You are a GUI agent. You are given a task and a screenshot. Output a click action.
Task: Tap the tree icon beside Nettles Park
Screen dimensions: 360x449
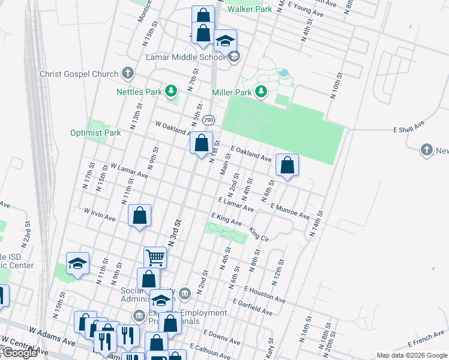172,91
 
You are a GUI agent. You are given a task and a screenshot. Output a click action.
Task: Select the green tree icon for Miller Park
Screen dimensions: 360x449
261,92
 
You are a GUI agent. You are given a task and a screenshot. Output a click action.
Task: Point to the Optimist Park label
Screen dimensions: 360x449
95,133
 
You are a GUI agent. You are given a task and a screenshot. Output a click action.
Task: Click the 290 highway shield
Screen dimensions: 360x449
208,121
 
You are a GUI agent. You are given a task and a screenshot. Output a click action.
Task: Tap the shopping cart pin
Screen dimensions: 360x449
155,257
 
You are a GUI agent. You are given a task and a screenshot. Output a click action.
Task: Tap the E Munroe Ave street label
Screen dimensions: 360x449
290,211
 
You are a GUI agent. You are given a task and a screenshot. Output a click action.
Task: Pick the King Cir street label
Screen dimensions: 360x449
259,234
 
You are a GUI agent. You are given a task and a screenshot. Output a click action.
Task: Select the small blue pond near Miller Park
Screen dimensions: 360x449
283,74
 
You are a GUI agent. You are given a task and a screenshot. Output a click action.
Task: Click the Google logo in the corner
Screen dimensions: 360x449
19,353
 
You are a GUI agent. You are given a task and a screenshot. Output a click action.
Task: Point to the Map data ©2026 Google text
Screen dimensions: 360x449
412,355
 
